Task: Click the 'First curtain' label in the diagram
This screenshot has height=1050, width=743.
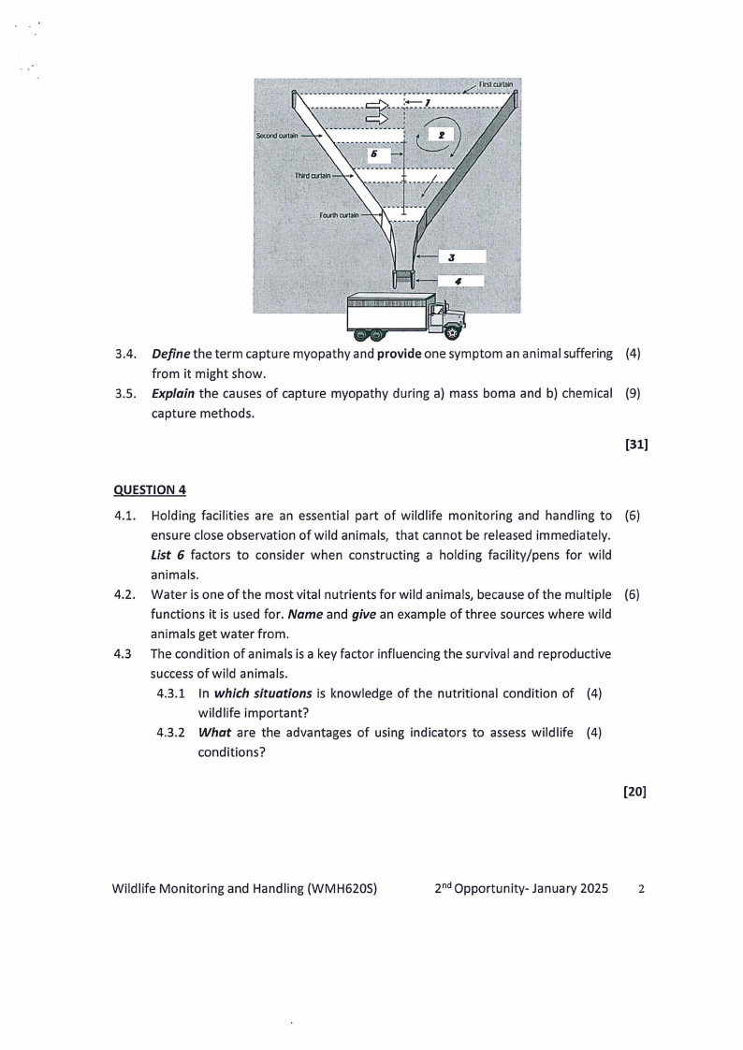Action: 496,84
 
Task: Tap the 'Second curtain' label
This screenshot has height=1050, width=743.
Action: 277,136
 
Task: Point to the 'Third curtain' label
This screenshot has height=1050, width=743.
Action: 313,175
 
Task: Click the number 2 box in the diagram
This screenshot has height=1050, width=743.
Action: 440,135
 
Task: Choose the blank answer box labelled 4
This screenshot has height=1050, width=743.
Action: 459,280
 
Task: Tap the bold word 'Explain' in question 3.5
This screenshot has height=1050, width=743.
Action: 172,393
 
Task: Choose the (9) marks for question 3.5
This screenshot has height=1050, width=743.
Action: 633,393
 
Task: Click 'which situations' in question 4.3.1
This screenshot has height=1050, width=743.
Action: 262,693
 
